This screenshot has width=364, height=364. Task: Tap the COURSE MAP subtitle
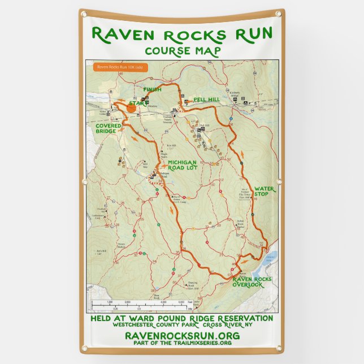point(181,51)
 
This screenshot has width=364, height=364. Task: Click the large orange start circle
point(131,107)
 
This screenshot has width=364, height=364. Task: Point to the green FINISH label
point(152,89)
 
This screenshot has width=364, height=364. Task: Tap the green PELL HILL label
point(206,99)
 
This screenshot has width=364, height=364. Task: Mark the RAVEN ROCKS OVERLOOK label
point(252,281)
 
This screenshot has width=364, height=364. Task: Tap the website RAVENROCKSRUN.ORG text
point(181,336)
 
